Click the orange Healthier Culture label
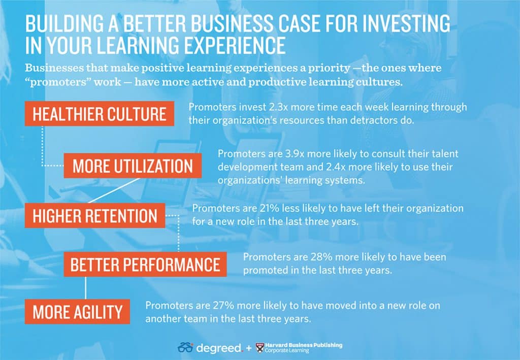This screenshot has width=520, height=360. pyautogui.click(x=99, y=114)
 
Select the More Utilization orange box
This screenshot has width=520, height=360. pyautogui.click(x=133, y=166)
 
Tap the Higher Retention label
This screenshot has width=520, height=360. pyautogui.click(x=95, y=215)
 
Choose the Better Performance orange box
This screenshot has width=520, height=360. pyautogui.click(x=145, y=264)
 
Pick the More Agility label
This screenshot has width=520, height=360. pyautogui.click(x=77, y=312)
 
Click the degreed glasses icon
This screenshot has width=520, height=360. pyautogui.click(x=185, y=348)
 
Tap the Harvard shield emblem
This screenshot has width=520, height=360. pyautogui.click(x=260, y=348)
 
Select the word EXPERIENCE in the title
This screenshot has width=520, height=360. pyautogui.click(x=235, y=45)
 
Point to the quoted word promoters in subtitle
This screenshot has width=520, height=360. pyautogui.click(x=58, y=82)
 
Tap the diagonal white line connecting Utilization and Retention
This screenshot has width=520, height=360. pyautogui.click(x=114, y=190)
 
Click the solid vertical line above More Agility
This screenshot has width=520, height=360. pyautogui.click(x=85, y=288)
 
